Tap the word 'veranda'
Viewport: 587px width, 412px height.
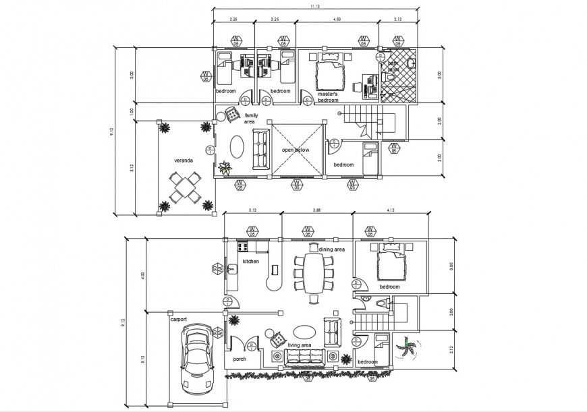click(184, 160)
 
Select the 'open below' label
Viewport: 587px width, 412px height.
click(296, 150)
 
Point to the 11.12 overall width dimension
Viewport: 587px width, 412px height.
click(314, 6)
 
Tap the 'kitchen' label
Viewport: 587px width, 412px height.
click(251, 261)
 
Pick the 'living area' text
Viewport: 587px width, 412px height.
click(300, 345)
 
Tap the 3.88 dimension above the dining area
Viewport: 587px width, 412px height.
click(316, 212)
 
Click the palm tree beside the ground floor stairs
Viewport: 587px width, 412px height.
click(407, 349)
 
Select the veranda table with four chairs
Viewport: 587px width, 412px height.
click(184, 188)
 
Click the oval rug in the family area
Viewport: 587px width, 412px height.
click(237, 145)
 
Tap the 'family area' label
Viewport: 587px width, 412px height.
click(250, 118)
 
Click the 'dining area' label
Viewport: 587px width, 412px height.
click(331, 249)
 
